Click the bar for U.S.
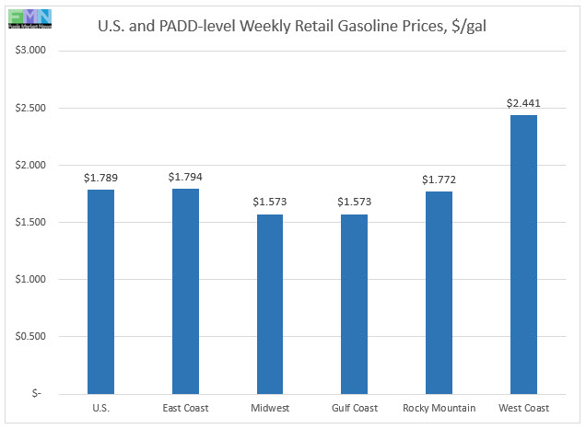coord(100,292)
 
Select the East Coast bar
coord(185,291)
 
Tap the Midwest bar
coord(269,304)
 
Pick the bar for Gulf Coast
coord(354,304)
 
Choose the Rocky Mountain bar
coord(439,293)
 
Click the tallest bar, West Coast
coord(522,254)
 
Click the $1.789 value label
coord(100,178)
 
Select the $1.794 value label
coord(185,176)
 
